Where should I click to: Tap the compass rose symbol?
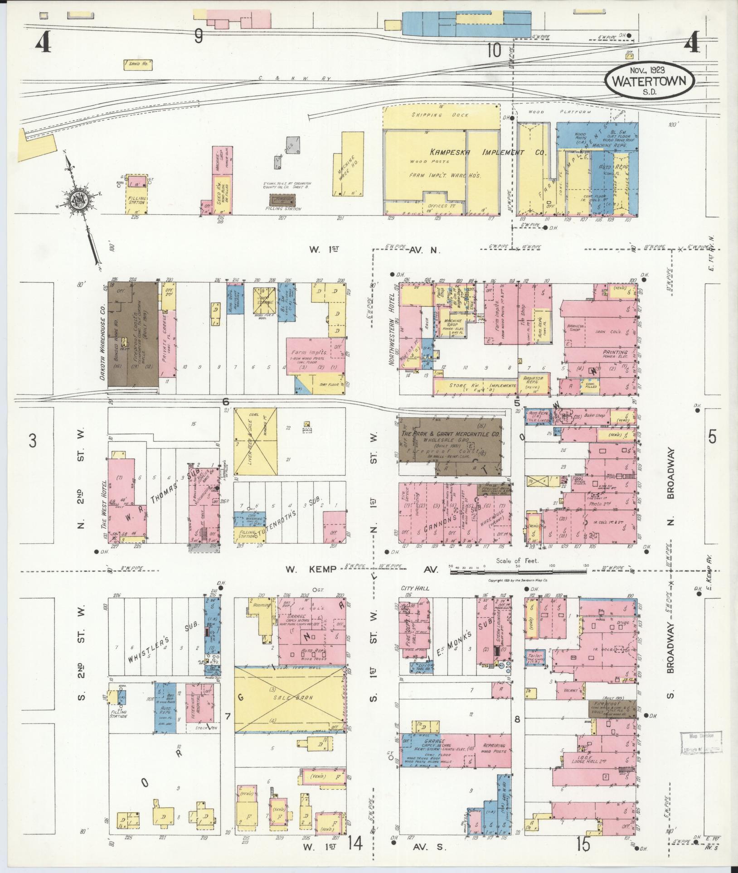coord(77,198)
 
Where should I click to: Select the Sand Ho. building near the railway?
coord(138,65)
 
